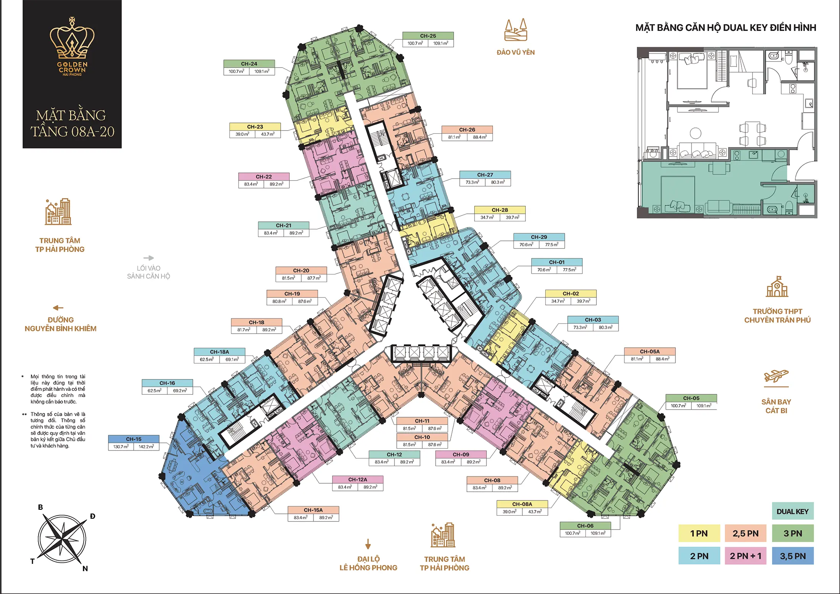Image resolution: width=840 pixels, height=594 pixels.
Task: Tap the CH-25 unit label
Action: click(428, 36)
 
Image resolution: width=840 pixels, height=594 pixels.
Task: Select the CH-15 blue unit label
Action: click(134, 439)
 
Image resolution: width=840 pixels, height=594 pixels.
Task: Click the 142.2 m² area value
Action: click(146, 447)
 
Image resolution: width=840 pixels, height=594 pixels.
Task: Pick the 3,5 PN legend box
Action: click(793, 556)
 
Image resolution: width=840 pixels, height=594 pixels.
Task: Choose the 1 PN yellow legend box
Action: click(699, 533)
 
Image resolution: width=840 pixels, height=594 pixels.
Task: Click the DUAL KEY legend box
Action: click(793, 511)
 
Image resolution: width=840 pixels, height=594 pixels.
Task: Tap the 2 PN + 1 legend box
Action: click(746, 556)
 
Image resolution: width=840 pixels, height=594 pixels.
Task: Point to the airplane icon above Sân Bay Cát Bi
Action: click(776, 377)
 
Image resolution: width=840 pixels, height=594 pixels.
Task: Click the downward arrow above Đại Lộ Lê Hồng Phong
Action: click(368, 544)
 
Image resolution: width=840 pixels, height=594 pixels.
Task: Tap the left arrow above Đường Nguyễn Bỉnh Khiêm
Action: click(58, 308)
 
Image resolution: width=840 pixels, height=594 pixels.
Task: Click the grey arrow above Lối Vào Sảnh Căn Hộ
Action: click(149, 258)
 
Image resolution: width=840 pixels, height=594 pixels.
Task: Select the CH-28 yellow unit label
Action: click(500, 210)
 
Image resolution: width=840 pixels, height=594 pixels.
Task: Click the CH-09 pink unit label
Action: click(461, 454)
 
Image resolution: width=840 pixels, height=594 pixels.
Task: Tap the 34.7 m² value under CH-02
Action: click(558, 301)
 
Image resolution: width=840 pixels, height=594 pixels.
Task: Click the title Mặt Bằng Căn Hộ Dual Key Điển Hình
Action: click(726, 27)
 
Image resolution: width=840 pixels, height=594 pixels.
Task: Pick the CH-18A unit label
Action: click(220, 352)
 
